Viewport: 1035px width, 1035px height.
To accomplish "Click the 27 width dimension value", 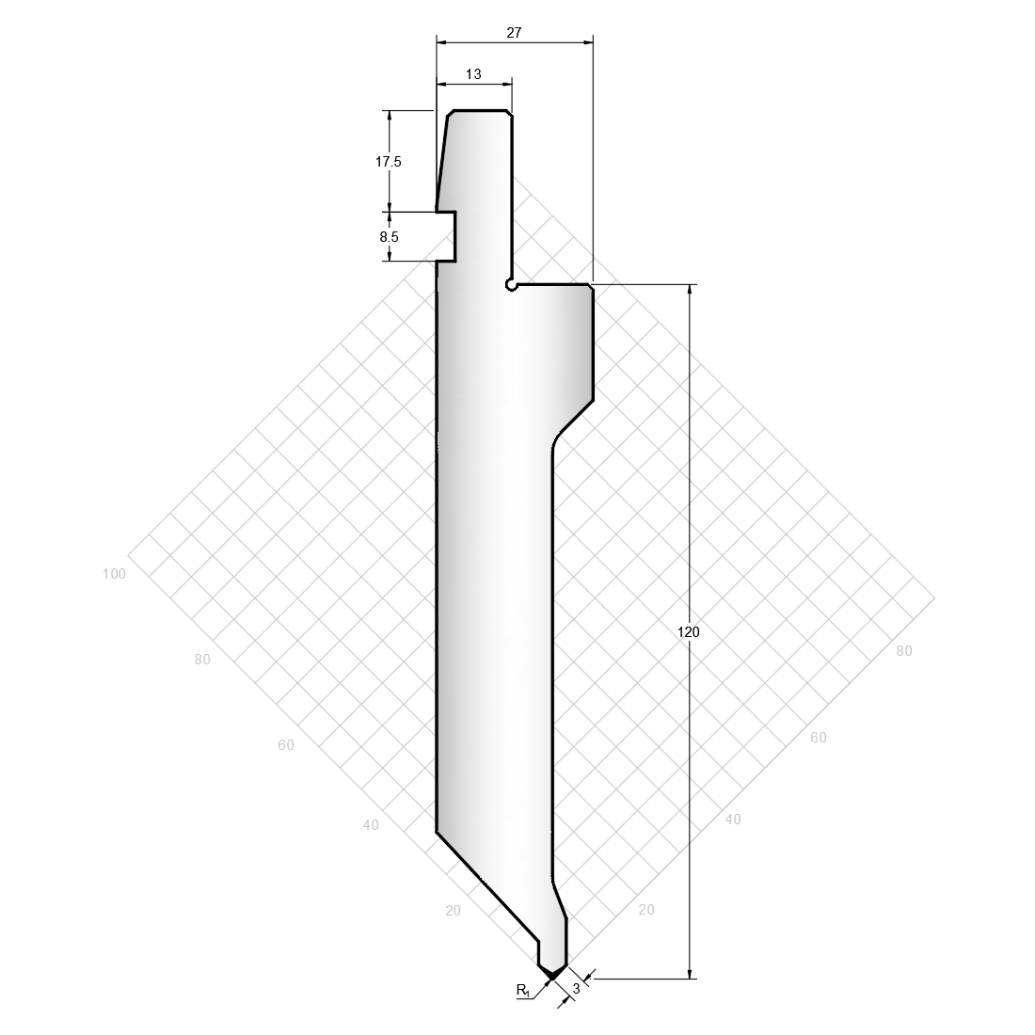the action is tap(514, 32).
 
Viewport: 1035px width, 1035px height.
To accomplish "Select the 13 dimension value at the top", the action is tap(473, 74).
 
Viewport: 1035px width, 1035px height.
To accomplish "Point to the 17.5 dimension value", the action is tap(388, 161).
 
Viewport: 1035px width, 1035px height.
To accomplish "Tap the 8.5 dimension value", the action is tap(389, 236).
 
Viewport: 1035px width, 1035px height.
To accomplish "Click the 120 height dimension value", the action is tap(688, 631).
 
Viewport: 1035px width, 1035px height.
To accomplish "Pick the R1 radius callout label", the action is tap(523, 990).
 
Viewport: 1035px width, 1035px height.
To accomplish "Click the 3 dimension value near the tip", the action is tap(576, 989).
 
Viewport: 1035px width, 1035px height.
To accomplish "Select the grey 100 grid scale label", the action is tap(114, 574).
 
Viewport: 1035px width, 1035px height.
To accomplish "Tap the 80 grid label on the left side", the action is tap(202, 659).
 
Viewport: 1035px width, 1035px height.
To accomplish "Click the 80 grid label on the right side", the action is tap(903, 651).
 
